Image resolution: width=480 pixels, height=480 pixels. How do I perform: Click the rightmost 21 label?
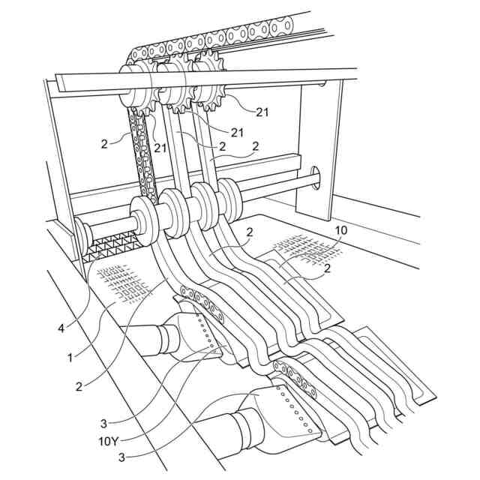262,112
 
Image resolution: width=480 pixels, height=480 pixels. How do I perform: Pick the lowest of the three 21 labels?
160,148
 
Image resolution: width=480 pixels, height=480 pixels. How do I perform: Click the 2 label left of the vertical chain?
105,142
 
